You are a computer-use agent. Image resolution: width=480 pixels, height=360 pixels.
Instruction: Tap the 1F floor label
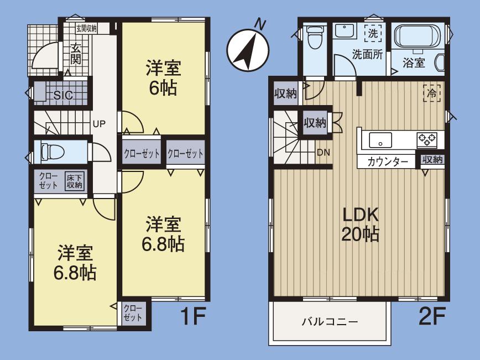(x=193, y=317)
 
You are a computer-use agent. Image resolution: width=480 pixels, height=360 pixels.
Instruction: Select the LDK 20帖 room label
(x=361, y=223)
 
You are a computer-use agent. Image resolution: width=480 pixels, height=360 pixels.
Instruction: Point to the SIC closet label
(x=62, y=95)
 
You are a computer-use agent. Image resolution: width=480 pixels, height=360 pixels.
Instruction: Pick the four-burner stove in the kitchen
(x=426, y=139)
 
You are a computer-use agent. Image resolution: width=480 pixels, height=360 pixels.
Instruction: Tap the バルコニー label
(x=330, y=321)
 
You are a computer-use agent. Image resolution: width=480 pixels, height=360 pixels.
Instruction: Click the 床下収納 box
(x=74, y=181)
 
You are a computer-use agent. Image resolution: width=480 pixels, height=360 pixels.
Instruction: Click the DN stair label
(x=324, y=153)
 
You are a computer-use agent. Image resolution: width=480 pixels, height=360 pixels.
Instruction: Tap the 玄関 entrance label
(x=75, y=54)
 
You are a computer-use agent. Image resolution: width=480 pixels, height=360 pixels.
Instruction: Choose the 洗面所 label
(x=368, y=54)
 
